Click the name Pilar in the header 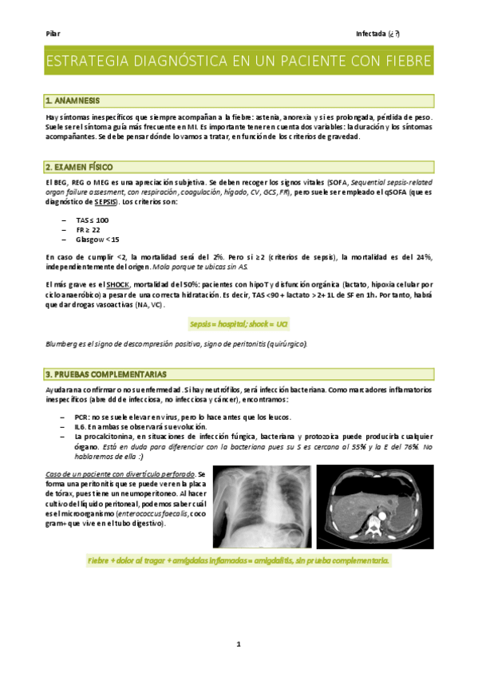(x=53, y=34)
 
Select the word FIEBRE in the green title (x=403, y=61)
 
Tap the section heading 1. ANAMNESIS (x=73, y=101)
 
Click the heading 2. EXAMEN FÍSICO (x=79, y=167)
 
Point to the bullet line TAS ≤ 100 (x=93, y=220)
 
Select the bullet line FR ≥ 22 (x=89, y=229)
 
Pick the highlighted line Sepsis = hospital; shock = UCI (x=238, y=323)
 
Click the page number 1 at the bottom (x=239, y=643)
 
